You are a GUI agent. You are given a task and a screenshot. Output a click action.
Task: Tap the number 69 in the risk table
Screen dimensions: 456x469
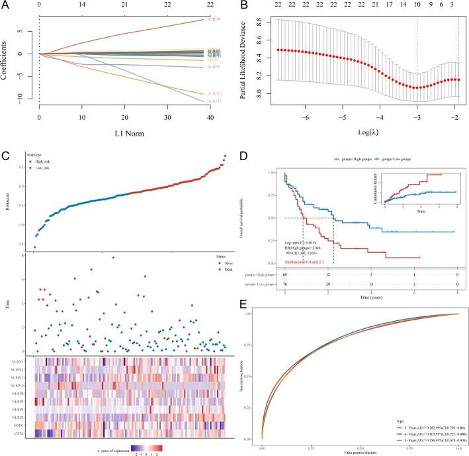[285, 273]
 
